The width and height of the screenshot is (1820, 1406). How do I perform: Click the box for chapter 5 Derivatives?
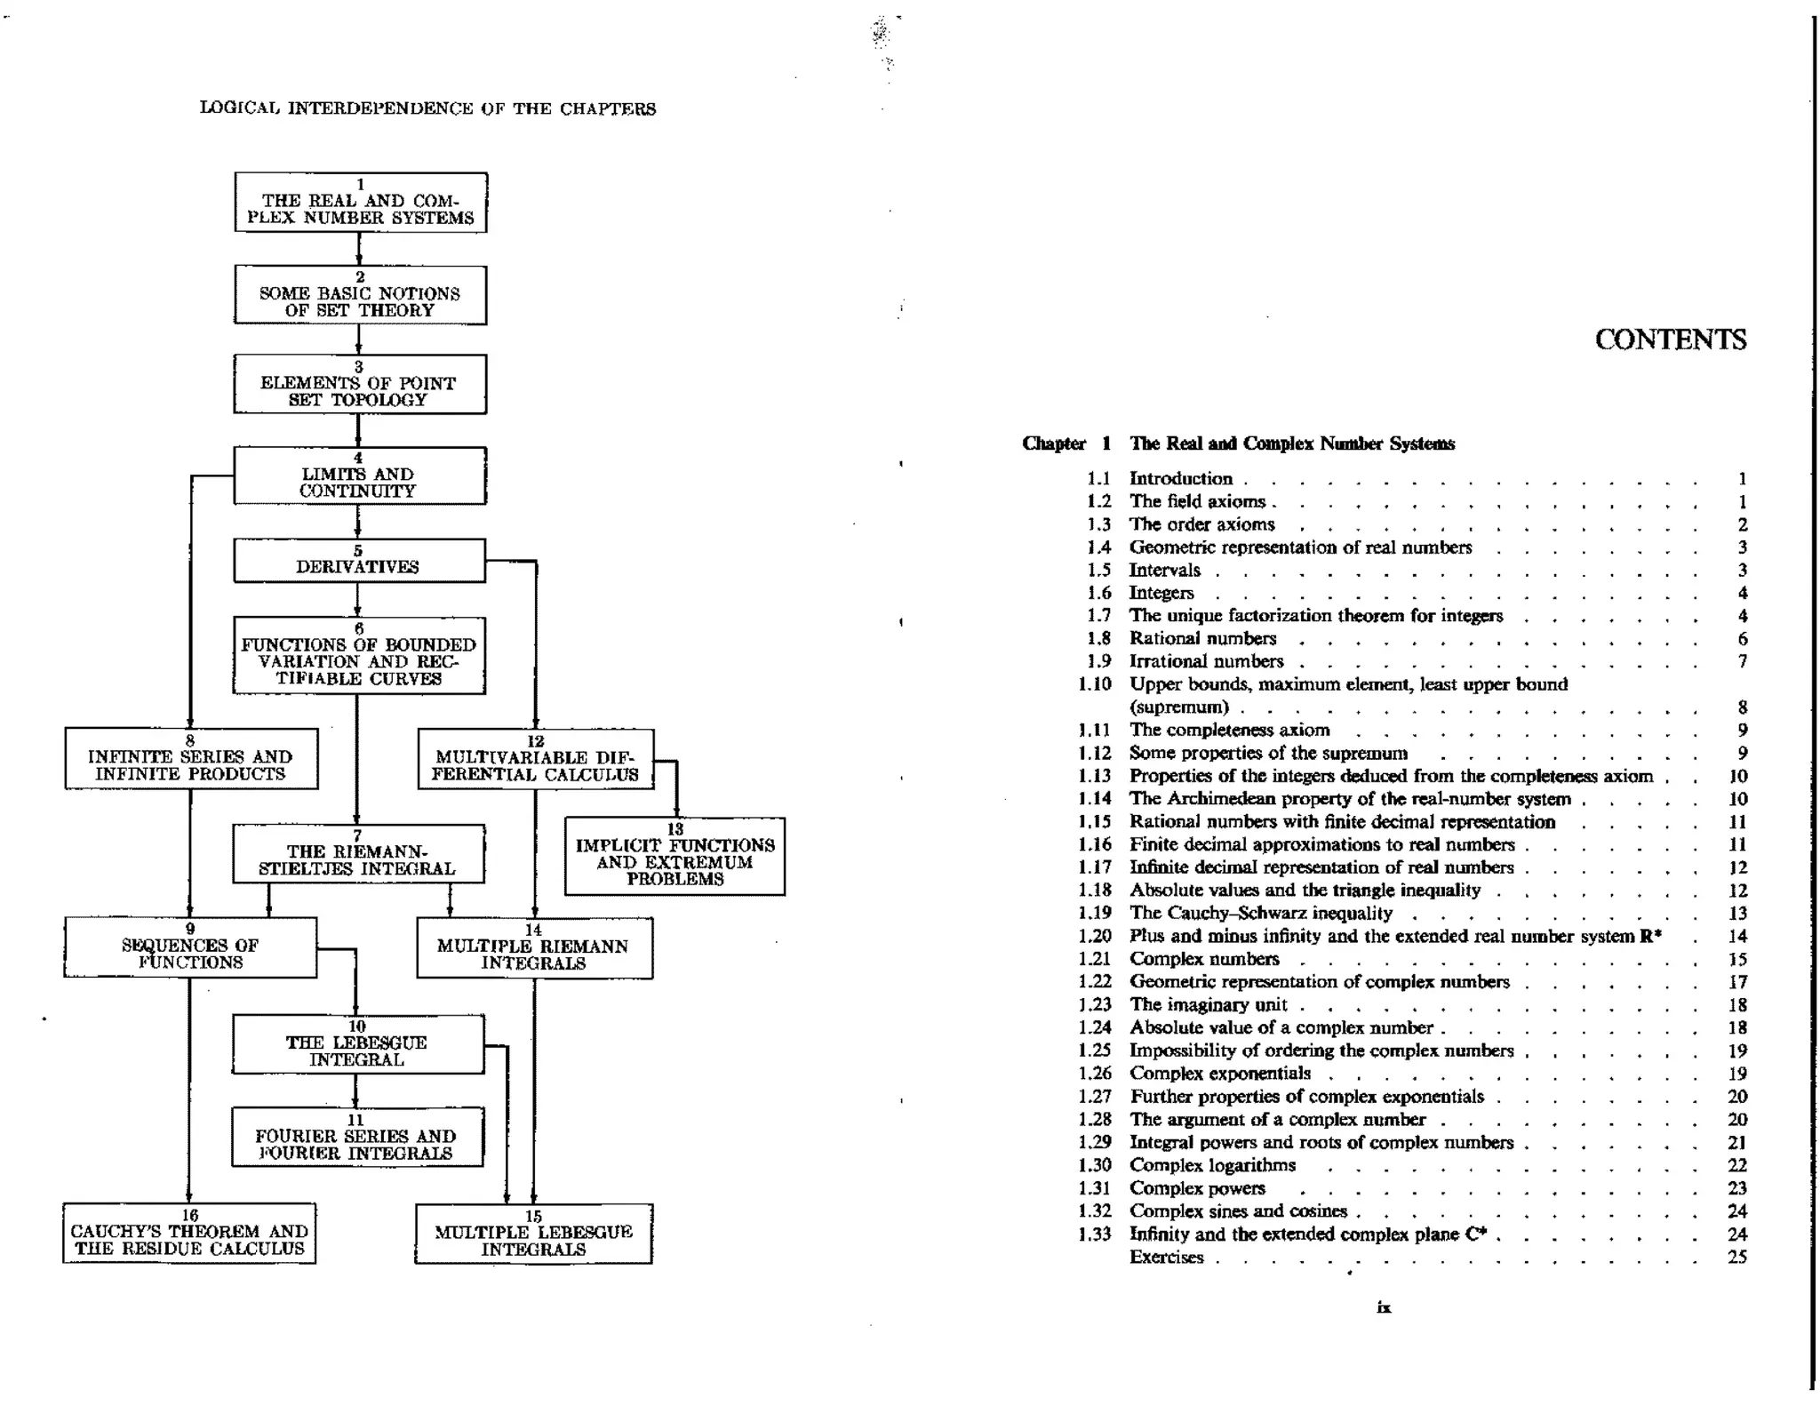pos(359,561)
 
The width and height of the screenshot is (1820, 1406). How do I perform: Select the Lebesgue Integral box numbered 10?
pos(358,1044)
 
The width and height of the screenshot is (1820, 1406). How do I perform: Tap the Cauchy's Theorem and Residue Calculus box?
pos(189,1234)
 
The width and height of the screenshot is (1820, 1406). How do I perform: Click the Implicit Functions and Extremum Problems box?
pos(675,857)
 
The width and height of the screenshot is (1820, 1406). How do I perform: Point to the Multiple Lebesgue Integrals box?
pos(533,1234)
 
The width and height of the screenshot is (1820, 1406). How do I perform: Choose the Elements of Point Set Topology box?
pos(360,385)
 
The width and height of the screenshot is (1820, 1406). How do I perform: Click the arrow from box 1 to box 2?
pos(359,249)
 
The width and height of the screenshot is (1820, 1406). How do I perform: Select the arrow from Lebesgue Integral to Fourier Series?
pos(355,1090)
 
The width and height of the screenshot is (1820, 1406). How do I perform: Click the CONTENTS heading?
pos(1670,340)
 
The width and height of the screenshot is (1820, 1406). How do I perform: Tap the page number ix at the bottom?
pos(1384,1307)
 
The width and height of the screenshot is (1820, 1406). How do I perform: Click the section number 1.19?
pos(1095,913)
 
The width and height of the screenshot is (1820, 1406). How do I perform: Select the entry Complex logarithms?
pos(1212,1165)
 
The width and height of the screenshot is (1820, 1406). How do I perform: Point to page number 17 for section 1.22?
pos(1737,982)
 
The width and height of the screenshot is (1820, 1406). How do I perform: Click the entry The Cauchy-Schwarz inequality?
pos(1260,913)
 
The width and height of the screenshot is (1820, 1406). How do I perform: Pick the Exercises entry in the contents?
pos(1166,1257)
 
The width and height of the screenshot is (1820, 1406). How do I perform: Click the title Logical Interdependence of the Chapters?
pos(427,108)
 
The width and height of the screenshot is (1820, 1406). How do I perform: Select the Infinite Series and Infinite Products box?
pos(190,759)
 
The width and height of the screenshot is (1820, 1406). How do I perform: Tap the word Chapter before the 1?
pos(1054,443)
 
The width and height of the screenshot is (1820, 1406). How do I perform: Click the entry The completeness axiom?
pos(1229,730)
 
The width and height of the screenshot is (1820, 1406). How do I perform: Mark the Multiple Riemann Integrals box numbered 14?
pos(534,948)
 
